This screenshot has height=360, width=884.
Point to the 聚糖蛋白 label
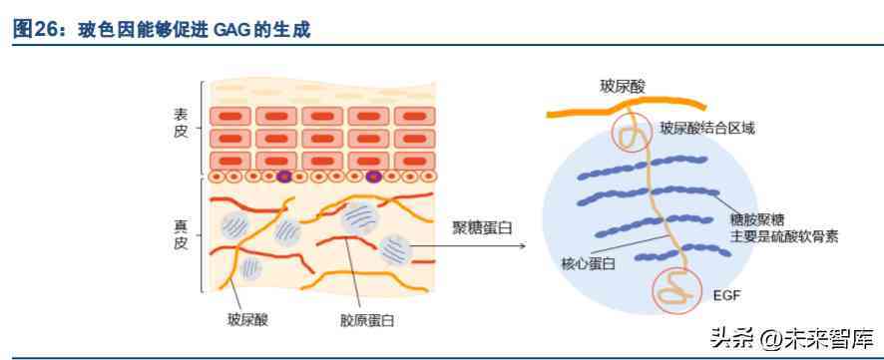[482, 228]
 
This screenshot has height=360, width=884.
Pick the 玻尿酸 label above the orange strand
[622, 88]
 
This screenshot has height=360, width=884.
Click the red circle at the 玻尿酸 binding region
[630, 132]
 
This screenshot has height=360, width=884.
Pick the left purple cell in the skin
[284, 177]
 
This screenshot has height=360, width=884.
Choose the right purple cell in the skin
[373, 177]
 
